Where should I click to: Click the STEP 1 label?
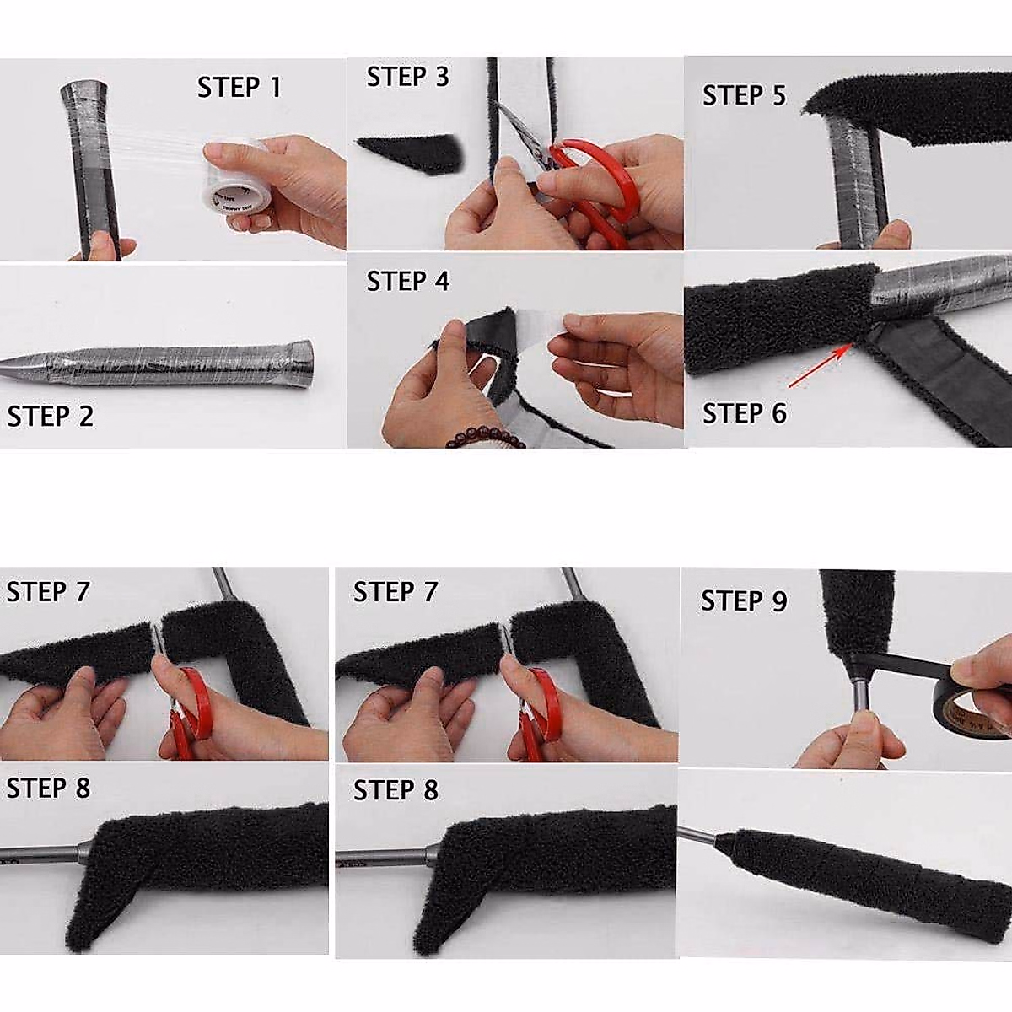(239, 88)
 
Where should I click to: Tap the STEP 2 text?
(51, 417)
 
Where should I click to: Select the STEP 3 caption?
(407, 77)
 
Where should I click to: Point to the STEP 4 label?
(407, 281)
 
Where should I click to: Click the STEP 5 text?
(744, 96)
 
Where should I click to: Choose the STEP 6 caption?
(744, 413)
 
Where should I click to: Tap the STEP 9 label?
(744, 601)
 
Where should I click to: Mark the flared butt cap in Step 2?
(299, 359)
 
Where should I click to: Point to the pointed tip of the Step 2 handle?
(13, 364)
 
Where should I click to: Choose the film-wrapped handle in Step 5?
(852, 177)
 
